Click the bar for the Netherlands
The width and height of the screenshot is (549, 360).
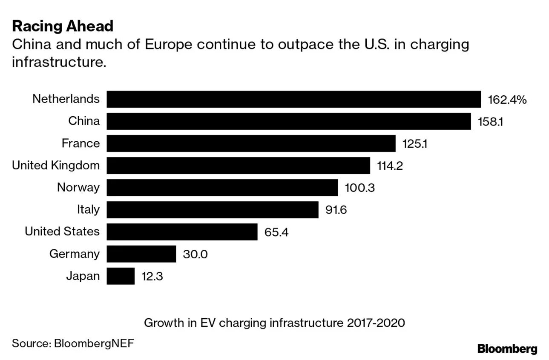click(293, 99)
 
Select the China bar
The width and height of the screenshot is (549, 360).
click(288, 121)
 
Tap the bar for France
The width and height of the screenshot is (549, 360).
click(251, 143)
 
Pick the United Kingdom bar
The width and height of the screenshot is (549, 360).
click(238, 166)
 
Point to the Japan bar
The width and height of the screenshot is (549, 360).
click(121, 276)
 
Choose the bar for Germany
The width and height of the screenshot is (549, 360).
click(141, 254)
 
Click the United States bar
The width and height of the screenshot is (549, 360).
click(182, 232)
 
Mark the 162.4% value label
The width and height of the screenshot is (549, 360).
click(507, 100)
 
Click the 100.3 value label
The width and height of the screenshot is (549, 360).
click(359, 188)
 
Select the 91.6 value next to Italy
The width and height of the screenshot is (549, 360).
click(336, 210)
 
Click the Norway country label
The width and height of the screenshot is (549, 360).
click(78, 187)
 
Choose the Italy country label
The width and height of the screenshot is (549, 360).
click(88, 209)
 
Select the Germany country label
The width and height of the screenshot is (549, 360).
click(75, 254)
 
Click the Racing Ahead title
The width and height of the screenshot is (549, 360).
click(63, 26)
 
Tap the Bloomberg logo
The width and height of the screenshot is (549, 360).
click(507, 349)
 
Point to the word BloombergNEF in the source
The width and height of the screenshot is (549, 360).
click(94, 343)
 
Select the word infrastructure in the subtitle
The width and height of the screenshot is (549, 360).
click(58, 62)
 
